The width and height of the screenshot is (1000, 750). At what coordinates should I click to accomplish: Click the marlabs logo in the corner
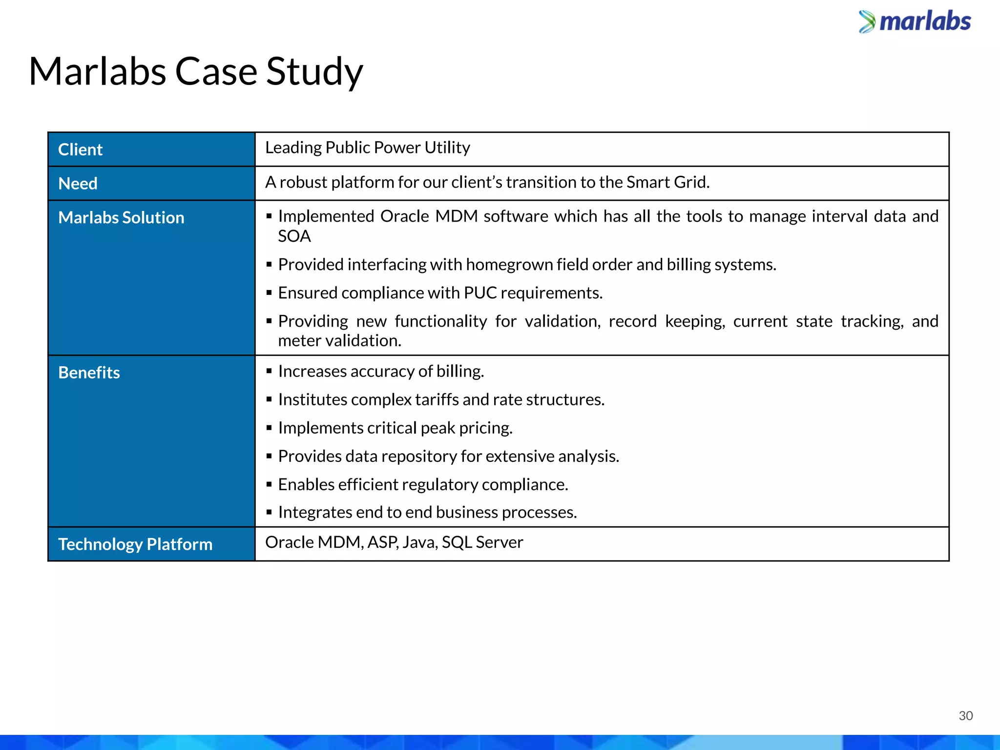pos(915,22)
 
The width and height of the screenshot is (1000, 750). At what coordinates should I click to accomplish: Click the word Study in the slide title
pos(314,72)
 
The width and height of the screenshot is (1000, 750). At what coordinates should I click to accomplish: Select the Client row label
pos(81,149)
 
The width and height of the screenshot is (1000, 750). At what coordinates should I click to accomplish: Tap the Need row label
pos(78,184)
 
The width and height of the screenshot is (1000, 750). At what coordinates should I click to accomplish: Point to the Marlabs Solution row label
pos(121,218)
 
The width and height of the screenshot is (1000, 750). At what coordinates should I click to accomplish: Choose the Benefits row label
pos(89,373)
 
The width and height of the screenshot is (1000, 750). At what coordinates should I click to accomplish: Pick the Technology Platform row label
pos(135,544)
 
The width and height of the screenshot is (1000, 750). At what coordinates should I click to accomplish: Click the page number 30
pos(965,716)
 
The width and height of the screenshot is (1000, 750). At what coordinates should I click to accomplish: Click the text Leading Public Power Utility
pos(367,147)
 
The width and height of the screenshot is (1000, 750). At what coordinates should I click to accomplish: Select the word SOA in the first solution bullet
pos(294,236)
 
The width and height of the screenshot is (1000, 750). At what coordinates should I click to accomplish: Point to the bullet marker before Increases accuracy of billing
pos(269,371)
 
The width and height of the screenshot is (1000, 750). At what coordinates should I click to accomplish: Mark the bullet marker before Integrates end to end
pos(269,512)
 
